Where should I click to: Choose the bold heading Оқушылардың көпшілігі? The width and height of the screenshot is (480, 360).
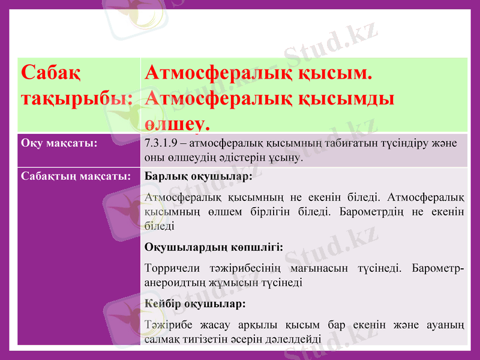tap(214, 246)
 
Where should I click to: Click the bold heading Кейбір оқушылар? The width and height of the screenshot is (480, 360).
tap(195, 304)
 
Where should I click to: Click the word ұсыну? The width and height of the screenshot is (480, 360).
tap(289, 159)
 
